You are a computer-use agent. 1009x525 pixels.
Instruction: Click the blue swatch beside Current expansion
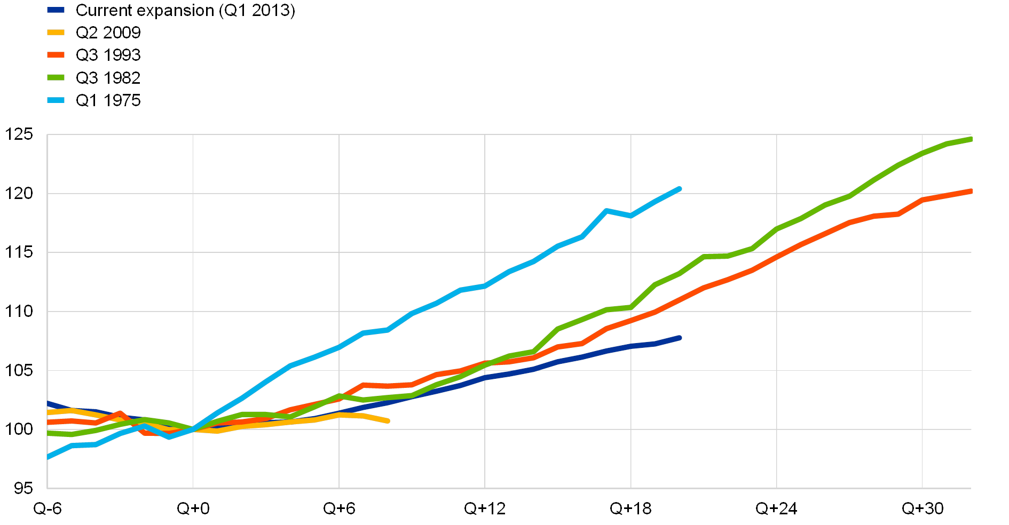point(56,10)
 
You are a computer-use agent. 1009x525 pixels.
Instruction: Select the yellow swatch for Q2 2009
point(56,33)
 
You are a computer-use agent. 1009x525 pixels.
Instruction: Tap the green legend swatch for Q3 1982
point(56,78)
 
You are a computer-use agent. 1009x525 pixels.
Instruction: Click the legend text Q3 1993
point(108,55)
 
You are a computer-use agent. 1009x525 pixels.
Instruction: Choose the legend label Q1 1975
point(108,100)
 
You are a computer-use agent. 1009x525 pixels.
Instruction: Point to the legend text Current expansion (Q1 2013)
point(185,10)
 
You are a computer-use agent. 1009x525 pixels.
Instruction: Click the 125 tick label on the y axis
point(19,134)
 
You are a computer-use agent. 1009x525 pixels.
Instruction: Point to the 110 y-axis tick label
point(19,311)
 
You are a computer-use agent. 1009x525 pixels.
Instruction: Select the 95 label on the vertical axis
point(22,488)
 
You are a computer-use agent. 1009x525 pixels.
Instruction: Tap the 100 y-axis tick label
point(19,429)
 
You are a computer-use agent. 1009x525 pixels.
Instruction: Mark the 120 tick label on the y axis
point(19,193)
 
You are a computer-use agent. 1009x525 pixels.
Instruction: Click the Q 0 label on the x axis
point(193,508)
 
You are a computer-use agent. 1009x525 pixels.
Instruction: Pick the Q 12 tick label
point(485,508)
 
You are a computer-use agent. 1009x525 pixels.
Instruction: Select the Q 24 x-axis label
point(776,508)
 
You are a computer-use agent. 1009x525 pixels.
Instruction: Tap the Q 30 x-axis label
point(923,508)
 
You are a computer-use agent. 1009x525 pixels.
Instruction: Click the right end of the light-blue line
point(679,188)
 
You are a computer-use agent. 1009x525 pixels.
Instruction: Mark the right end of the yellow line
point(388,421)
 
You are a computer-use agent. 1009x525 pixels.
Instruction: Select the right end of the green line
point(970,139)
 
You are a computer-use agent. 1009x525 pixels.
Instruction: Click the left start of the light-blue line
point(49,457)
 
